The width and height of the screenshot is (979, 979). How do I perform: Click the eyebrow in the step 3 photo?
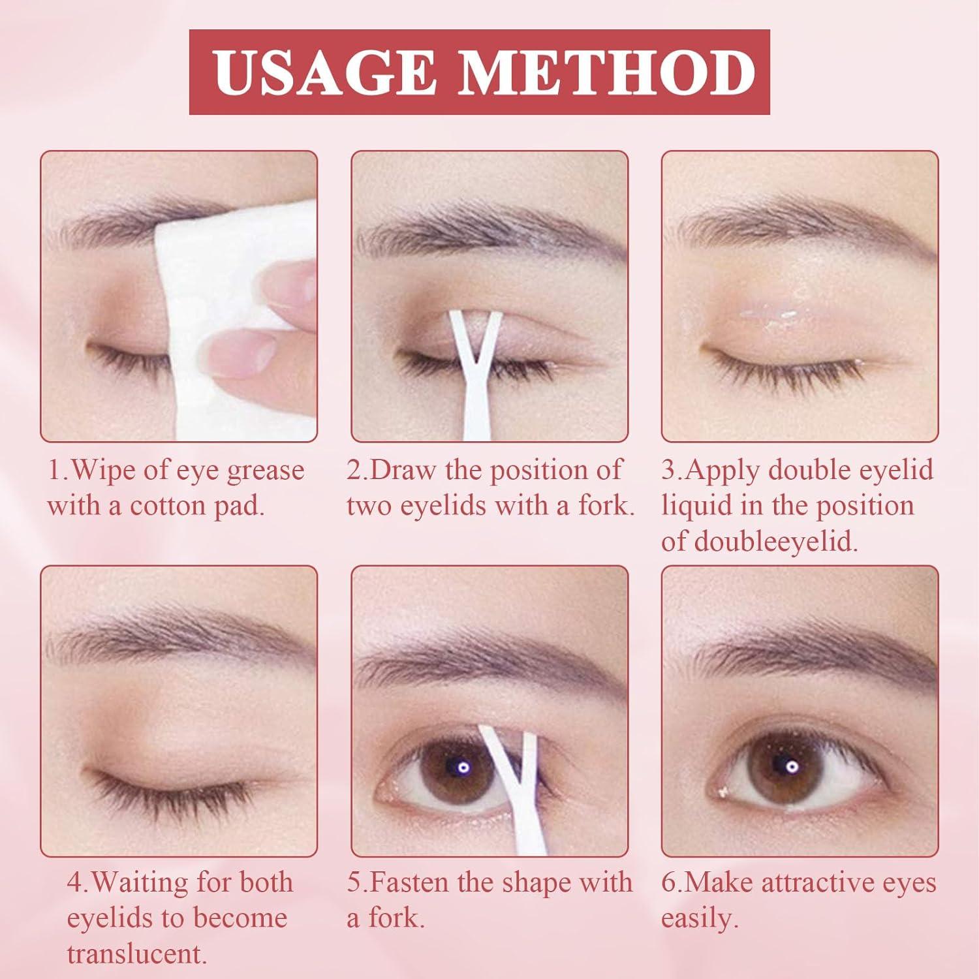coord(803,225)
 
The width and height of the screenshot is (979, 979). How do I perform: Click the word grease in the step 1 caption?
coord(266,471)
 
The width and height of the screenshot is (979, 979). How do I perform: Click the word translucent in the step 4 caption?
coord(137,955)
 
